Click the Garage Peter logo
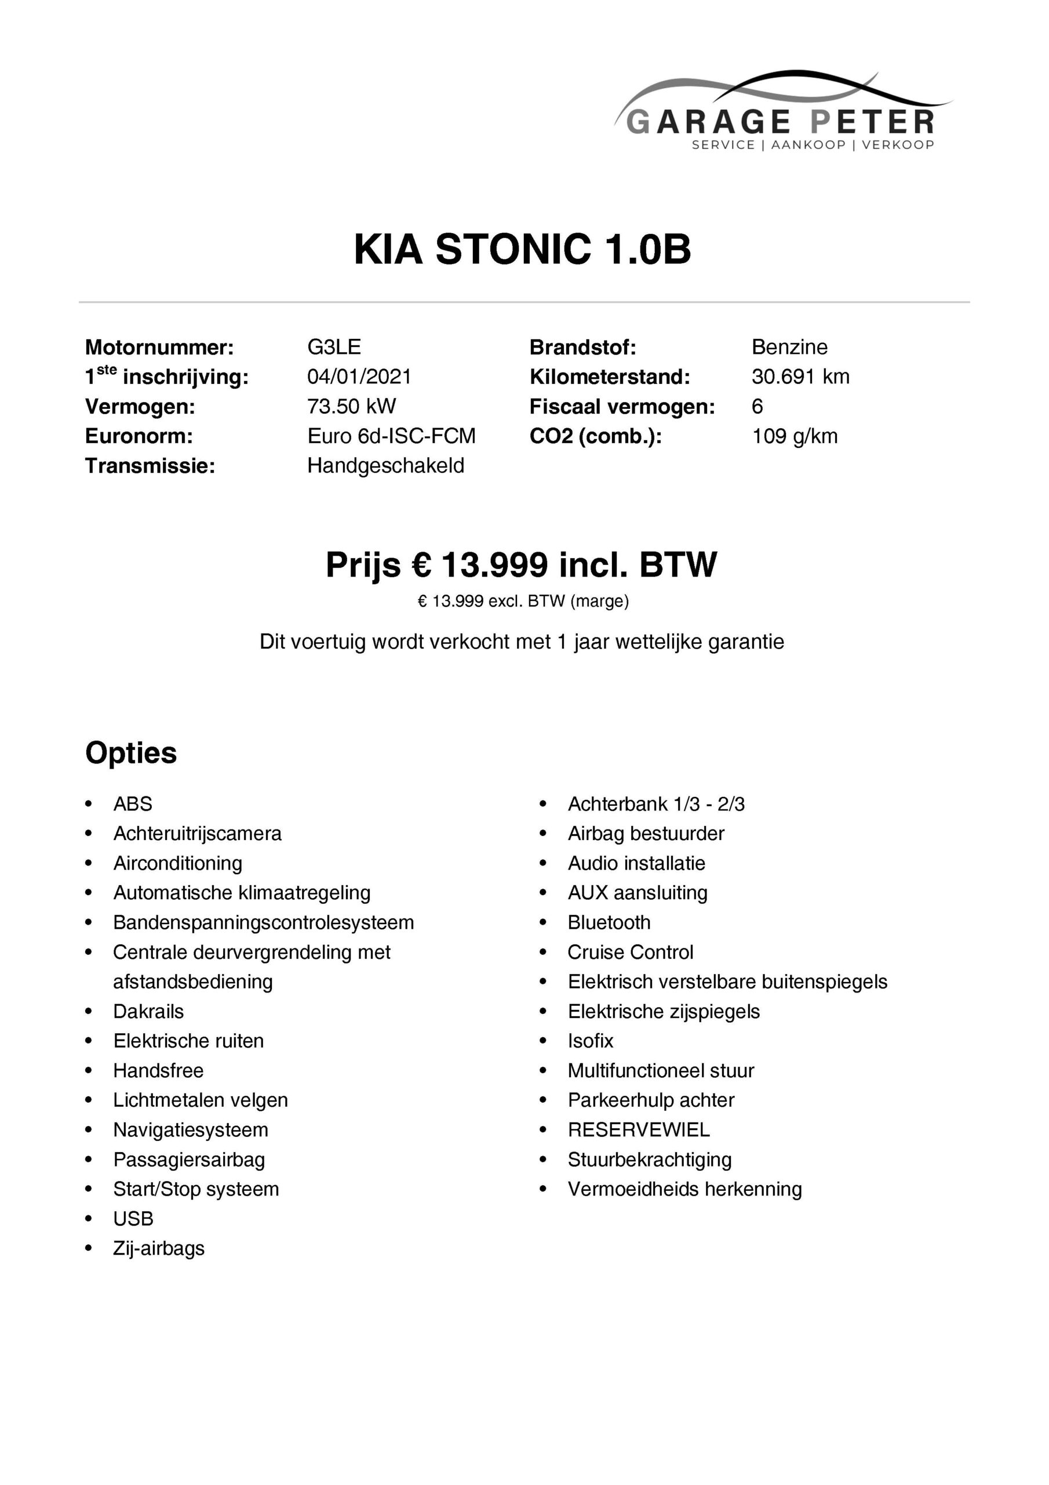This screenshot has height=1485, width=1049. point(782,113)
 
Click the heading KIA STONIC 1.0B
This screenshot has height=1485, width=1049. point(522,249)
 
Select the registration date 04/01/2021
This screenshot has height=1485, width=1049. point(359,376)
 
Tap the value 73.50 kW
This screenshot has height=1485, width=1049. point(351,406)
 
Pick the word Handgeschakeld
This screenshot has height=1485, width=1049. point(385,466)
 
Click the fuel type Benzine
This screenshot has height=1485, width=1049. point(789,347)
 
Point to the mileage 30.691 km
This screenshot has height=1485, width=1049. point(800,376)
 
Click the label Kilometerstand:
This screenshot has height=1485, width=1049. point(610,376)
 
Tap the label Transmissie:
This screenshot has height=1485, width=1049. point(150,466)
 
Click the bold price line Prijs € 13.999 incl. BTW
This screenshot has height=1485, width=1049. point(521,564)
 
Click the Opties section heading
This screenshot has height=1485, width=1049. point(130,753)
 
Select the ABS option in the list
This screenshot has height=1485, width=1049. point(133,804)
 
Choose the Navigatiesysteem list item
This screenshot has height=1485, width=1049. point(190,1130)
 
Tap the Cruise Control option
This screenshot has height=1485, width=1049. point(630,952)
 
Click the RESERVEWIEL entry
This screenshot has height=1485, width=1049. point(639,1130)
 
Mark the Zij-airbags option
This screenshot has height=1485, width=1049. point(158,1248)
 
